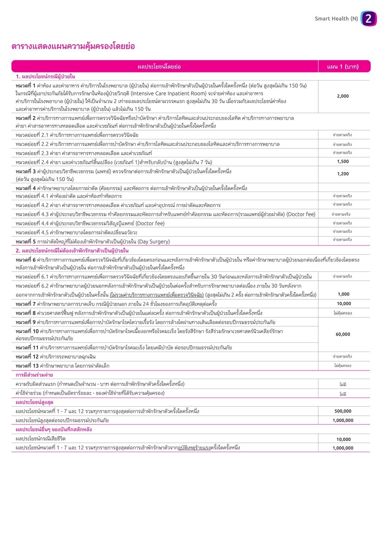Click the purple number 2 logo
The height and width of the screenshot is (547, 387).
point(368,19)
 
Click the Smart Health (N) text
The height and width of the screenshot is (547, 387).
point(336,19)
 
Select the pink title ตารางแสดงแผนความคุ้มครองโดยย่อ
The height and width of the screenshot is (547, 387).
point(73,46)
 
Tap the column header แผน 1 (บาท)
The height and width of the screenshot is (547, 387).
point(343,66)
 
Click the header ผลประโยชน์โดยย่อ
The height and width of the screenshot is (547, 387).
point(159,66)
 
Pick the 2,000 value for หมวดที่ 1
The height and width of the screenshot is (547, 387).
point(343,96)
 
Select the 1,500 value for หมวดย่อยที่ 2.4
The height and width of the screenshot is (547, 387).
point(343,162)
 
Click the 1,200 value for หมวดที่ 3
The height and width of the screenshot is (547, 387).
point(343,174)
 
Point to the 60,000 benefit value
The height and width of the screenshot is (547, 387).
point(343,334)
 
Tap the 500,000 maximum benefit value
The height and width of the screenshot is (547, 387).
point(343,411)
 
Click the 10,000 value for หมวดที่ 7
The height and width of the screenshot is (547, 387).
point(344,304)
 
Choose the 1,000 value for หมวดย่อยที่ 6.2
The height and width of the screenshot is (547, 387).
point(343,294)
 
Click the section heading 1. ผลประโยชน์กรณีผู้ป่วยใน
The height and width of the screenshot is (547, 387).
point(45,77)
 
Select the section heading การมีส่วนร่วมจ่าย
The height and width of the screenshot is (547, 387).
point(34,375)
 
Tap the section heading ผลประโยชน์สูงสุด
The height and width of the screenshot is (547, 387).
point(35,402)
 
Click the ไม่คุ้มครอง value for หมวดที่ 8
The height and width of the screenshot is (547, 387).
point(342,313)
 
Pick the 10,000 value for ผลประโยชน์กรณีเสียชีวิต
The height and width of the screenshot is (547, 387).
point(343,439)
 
